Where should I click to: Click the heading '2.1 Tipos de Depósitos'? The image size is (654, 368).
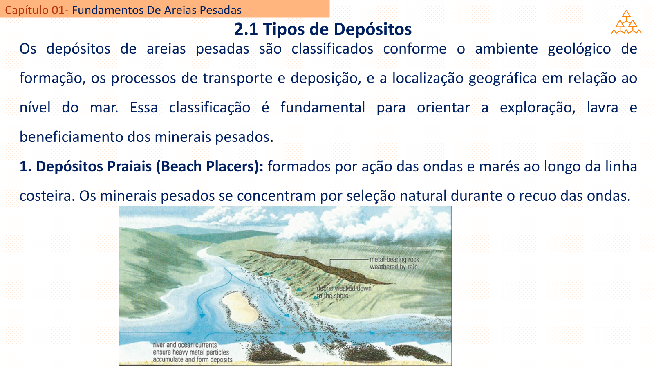(x=323, y=29)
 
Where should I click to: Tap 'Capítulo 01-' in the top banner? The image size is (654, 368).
(x=37, y=10)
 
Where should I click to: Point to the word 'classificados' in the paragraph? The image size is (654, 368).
(x=332, y=49)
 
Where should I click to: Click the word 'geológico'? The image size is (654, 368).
(x=579, y=49)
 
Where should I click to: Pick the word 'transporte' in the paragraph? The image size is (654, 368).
(x=237, y=78)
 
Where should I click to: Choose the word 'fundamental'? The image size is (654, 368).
(x=323, y=108)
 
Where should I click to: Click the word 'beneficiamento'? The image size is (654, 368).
(x=71, y=137)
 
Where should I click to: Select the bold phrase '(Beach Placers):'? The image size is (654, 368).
(x=210, y=166)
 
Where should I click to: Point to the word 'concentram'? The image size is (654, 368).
(x=276, y=196)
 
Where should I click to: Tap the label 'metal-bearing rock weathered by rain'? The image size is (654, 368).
(x=394, y=263)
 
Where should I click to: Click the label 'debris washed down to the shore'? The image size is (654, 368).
(x=344, y=292)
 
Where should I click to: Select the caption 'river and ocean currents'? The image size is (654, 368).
(x=185, y=345)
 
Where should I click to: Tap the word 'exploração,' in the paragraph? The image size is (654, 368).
(x=538, y=108)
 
